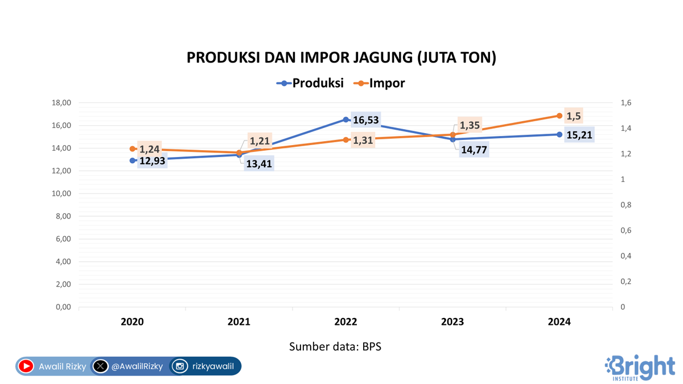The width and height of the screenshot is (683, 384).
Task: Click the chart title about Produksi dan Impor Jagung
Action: [341, 58]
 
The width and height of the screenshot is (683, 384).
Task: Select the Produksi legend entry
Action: [310, 83]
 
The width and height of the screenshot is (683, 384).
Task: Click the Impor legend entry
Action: [380, 83]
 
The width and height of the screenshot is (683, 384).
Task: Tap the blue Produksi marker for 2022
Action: [346, 119]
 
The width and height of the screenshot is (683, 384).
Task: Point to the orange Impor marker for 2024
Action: [559, 115]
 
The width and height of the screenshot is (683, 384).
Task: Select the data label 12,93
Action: [152, 161]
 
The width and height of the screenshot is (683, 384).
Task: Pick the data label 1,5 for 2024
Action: [574, 115]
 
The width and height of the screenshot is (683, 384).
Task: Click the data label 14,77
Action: [474, 151]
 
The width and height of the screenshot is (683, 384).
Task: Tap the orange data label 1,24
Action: [149, 149]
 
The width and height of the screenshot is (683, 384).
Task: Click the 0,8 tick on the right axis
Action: [626, 205]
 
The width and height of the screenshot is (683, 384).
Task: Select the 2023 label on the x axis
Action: [452, 322]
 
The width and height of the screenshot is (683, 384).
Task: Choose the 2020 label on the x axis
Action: [133, 322]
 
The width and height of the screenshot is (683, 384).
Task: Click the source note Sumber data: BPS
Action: [335, 346]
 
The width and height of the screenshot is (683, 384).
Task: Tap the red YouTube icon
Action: [26, 366]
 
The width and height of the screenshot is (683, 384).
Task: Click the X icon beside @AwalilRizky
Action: [100, 366]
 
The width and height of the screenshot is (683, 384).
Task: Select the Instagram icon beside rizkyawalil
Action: [180, 366]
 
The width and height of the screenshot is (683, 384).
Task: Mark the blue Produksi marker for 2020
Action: [133, 160]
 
